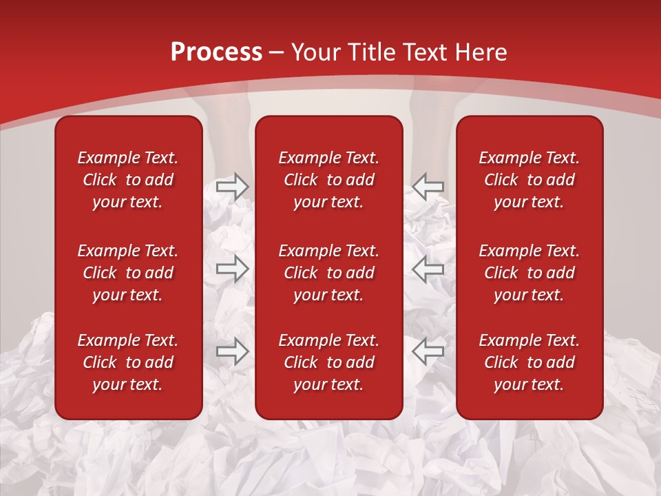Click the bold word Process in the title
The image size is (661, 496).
tap(216, 52)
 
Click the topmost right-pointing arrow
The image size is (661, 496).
tap(233, 187)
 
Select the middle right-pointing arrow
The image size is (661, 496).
tap(233, 269)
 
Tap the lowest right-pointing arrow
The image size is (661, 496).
tap(233, 351)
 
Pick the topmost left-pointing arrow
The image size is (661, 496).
tap(428, 187)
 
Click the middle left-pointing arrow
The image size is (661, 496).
tap(428, 269)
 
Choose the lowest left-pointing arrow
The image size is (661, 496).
tap(428, 351)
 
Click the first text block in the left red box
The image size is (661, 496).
tap(128, 180)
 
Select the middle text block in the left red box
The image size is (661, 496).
tap(128, 273)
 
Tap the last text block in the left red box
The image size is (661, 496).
tap(128, 362)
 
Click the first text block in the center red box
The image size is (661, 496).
tap(329, 180)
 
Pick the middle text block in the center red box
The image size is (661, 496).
tap(329, 273)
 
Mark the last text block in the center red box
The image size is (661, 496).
tap(329, 362)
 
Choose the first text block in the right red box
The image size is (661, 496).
tap(529, 180)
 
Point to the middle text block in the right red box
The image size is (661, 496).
tap(529, 273)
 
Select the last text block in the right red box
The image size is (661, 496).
tap(529, 362)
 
